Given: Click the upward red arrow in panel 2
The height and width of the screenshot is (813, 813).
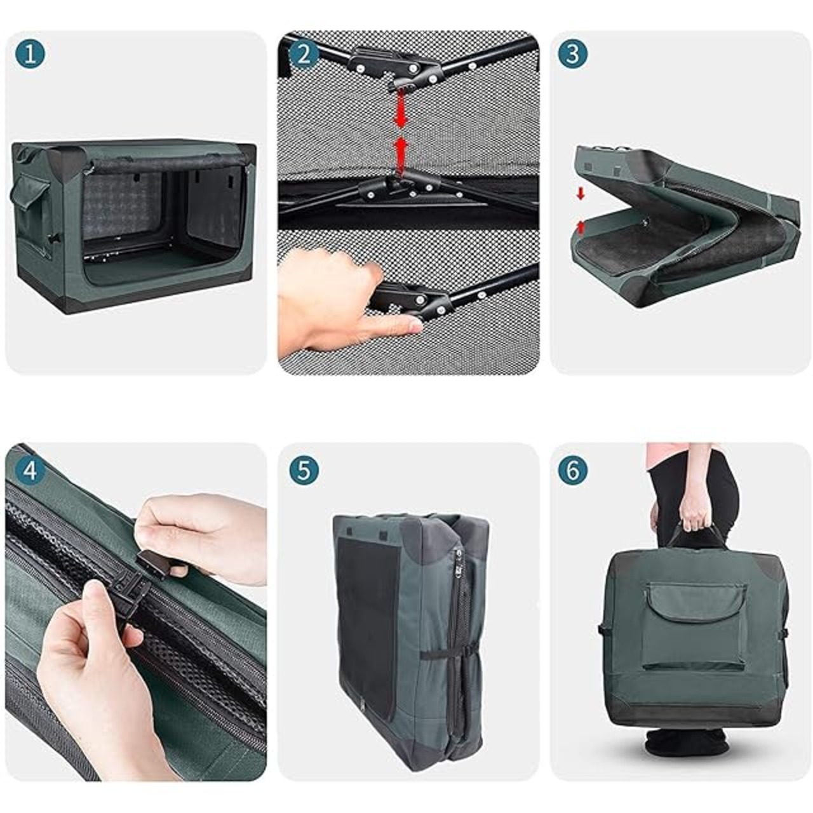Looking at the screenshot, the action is tap(401, 155).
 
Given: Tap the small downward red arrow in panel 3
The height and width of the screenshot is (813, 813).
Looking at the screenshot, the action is tap(581, 194).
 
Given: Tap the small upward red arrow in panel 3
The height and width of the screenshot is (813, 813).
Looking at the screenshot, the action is tap(581, 227).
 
